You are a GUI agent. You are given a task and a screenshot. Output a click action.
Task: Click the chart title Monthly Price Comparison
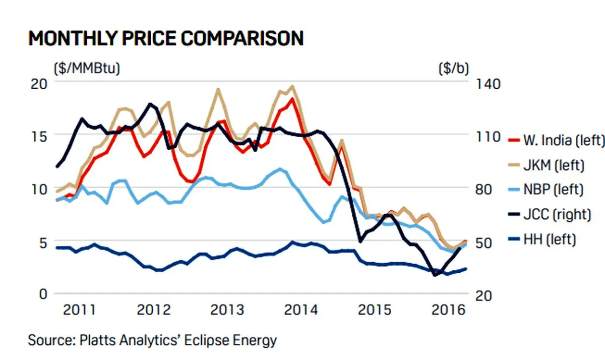[166, 38]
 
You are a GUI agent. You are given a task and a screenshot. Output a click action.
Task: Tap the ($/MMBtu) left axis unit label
[87, 69]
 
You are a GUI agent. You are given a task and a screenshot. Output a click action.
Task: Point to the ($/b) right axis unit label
[454, 69]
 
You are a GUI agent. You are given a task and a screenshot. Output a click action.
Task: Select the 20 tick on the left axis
[39, 84]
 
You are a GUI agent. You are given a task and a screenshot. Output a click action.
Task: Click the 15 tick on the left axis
[39, 137]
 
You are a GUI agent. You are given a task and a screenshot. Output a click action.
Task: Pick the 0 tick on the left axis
[43, 294]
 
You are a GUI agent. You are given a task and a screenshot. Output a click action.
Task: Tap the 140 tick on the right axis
[488, 84]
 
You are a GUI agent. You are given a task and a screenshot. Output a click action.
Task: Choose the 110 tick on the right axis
[488, 137]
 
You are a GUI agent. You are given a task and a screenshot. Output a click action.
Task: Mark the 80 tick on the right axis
[483, 189]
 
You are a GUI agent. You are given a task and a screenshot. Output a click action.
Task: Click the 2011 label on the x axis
[80, 310]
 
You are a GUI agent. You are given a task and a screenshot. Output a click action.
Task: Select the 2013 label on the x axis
[227, 310]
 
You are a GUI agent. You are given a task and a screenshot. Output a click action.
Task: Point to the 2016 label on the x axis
[448, 310]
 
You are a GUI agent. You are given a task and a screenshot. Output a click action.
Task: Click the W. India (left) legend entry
[556, 141]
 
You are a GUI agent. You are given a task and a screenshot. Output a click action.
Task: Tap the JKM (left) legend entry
[546, 165]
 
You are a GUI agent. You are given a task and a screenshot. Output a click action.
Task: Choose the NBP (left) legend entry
[546, 189]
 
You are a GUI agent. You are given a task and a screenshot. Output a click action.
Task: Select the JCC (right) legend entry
[550, 214]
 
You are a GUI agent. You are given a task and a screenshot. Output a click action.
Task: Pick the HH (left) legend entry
[542, 239]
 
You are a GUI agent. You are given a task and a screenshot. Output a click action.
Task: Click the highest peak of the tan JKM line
[292, 86]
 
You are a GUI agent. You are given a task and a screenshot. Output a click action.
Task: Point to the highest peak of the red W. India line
[292, 99]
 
